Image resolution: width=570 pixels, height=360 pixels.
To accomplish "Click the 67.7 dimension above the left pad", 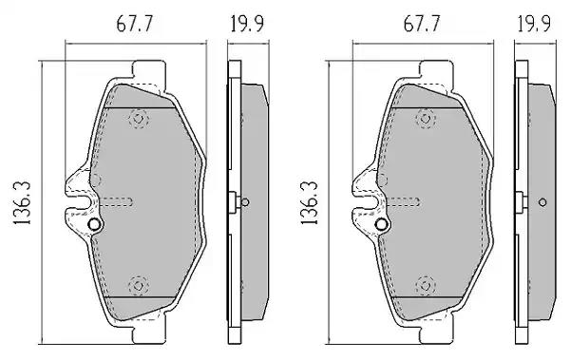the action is [x=135, y=24].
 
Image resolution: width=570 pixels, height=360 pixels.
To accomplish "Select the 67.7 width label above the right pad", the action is [x=422, y=24].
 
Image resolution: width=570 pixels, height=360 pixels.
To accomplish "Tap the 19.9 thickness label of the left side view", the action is [x=247, y=24].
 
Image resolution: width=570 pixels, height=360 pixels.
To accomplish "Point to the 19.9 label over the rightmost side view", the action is [x=534, y=24].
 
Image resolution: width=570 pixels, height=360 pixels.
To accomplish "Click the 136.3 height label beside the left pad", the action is [x=23, y=203].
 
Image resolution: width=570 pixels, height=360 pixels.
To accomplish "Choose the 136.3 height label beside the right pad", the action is [x=310, y=203].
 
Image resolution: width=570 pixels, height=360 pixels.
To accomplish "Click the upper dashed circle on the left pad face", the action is [x=139, y=119].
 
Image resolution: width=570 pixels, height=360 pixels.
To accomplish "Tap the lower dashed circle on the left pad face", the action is [x=139, y=286].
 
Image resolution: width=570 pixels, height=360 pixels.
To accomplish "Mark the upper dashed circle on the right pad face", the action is [x=426, y=119].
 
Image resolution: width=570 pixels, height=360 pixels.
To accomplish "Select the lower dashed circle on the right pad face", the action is [x=426, y=286].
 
